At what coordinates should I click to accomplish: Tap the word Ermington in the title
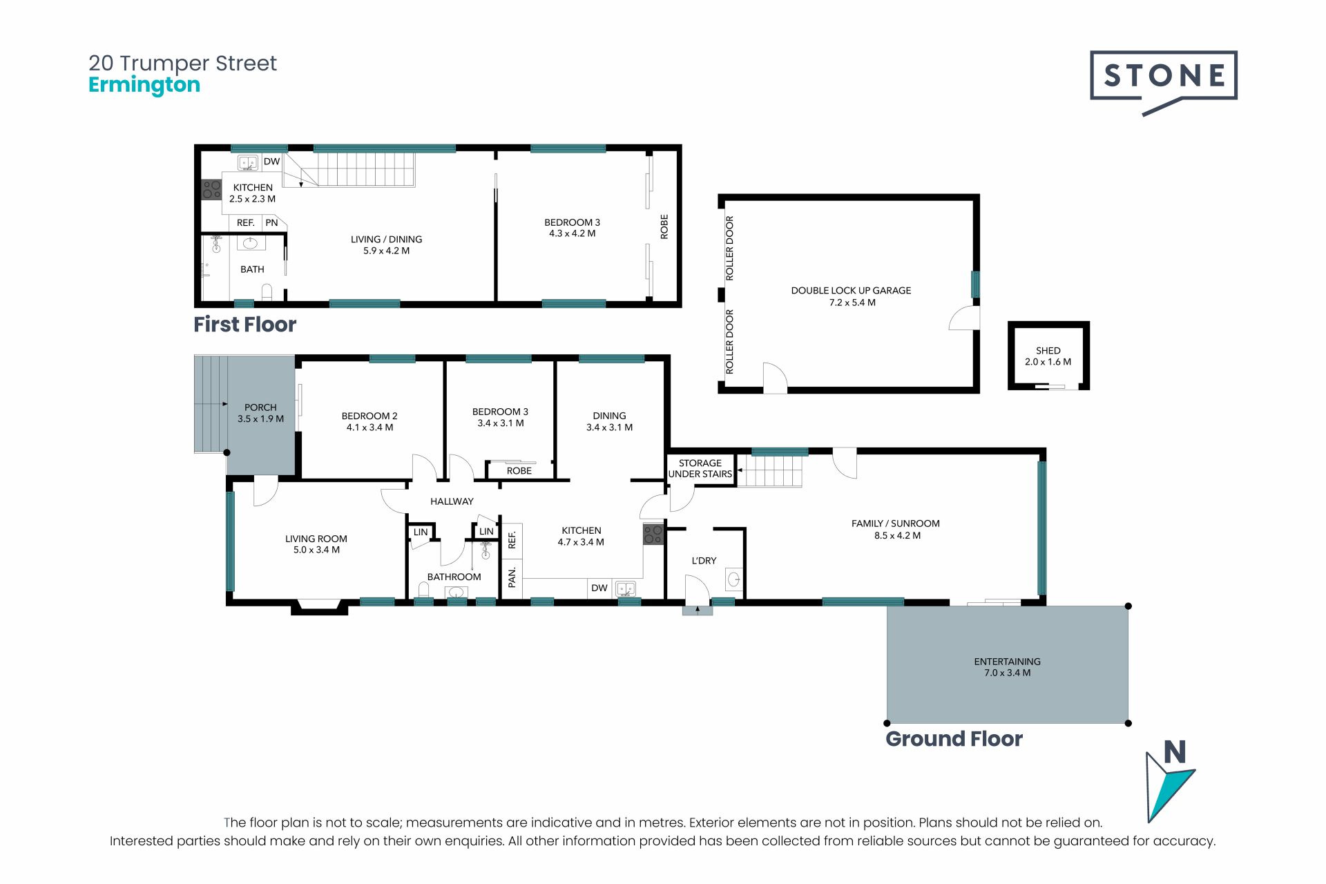point(144,85)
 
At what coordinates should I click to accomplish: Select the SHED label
point(1048,351)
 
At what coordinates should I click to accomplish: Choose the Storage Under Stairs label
point(700,468)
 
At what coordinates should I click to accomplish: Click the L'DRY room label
point(704,561)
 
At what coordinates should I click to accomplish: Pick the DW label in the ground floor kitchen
point(599,588)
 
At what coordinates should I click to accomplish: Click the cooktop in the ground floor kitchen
point(653,535)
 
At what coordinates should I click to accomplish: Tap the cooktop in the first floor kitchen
point(211,190)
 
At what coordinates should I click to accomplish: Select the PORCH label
point(260,407)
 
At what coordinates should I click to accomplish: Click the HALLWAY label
point(452,501)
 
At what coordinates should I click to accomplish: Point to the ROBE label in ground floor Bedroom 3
point(519,471)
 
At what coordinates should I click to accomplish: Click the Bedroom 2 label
point(369,416)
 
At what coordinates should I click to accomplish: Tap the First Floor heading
point(244,325)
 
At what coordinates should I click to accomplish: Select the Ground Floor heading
point(954,739)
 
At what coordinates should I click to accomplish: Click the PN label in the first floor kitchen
point(272,222)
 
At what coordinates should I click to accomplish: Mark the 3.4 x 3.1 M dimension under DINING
point(609,427)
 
